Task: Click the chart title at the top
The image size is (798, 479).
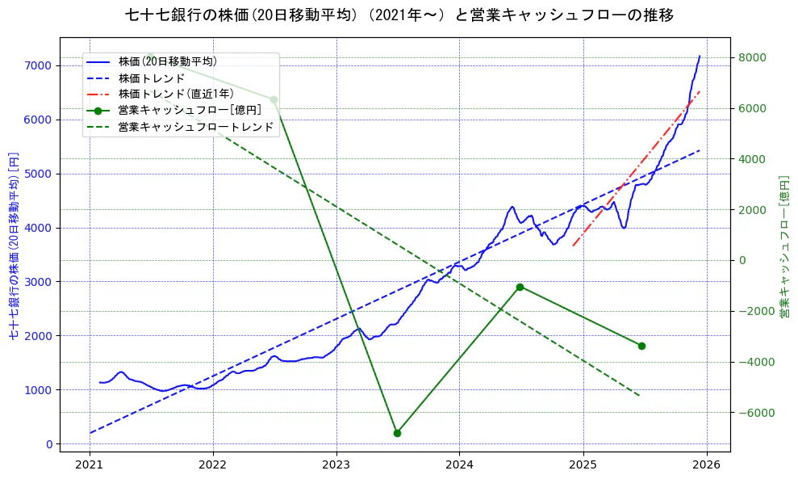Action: pos(399,15)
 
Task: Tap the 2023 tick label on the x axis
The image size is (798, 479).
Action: pos(336,465)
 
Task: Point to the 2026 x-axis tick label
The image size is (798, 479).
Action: pos(707,465)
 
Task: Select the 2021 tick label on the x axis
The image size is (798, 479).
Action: pos(90,465)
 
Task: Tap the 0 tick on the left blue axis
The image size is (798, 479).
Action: pos(49,444)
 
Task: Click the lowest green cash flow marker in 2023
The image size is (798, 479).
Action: pos(397,433)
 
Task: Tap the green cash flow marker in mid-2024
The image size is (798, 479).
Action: pos(520,287)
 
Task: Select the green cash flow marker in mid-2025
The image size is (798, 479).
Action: pos(641,346)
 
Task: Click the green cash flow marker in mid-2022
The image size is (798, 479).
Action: pos(274,99)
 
